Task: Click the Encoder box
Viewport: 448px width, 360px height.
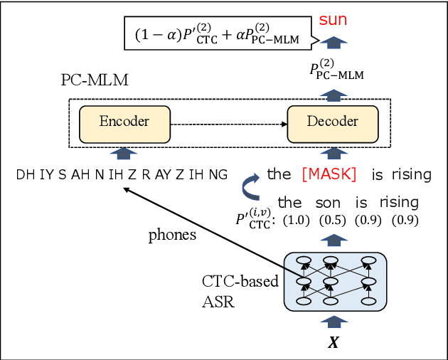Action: (124, 122)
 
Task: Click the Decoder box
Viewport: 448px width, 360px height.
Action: (332, 122)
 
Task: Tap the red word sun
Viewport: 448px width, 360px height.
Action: (332, 19)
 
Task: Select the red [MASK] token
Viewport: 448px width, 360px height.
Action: (329, 174)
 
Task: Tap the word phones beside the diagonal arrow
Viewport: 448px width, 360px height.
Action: (172, 235)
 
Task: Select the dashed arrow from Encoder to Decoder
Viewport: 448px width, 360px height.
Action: (228, 122)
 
